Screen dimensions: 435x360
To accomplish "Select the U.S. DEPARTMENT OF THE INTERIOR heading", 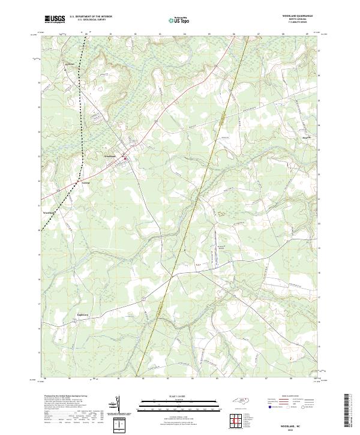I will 91,17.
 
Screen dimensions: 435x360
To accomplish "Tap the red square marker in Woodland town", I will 125,158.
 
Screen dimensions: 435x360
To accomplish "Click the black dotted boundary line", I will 82,150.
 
